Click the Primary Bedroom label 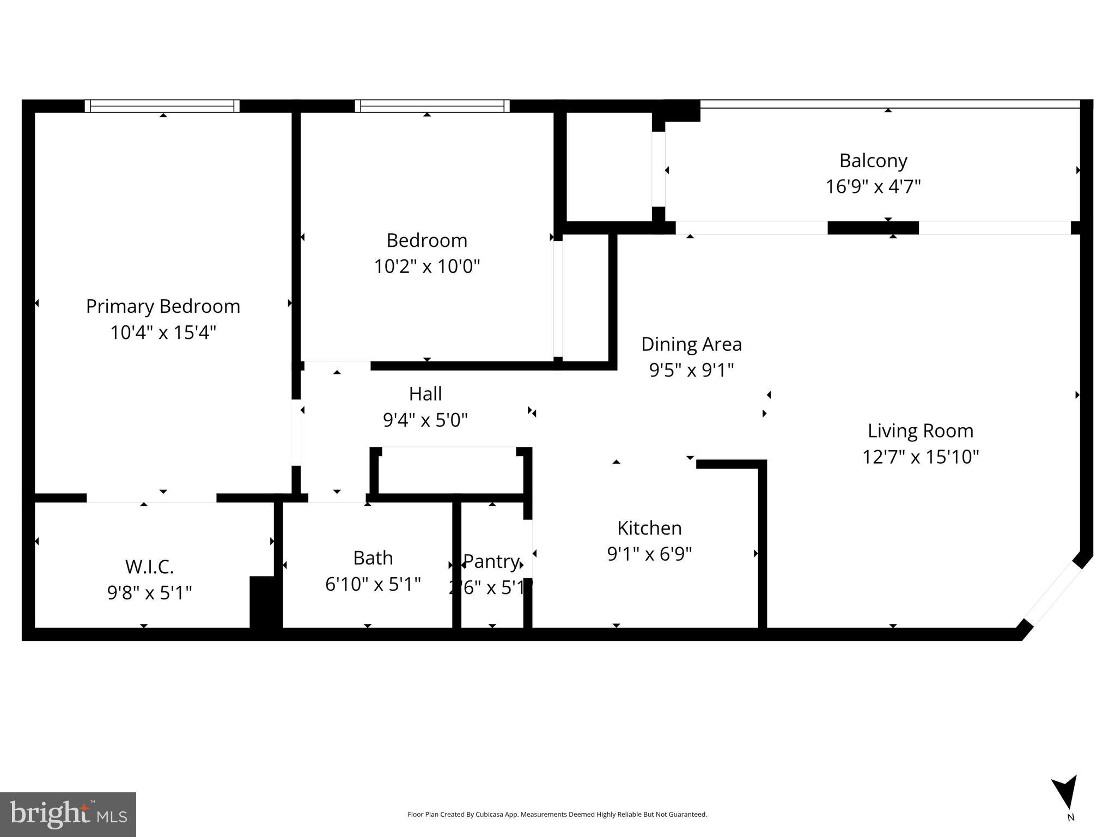click(x=163, y=306)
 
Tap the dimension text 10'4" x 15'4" click(x=163, y=332)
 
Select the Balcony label click(x=873, y=161)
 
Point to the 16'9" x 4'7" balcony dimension click(x=873, y=187)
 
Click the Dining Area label click(x=691, y=344)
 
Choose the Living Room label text click(x=920, y=431)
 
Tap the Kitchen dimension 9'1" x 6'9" click(x=649, y=554)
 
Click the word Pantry click(x=491, y=561)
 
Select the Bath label click(x=373, y=558)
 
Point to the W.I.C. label click(x=149, y=567)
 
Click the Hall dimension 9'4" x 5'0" click(x=425, y=420)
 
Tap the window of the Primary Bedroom click(x=162, y=106)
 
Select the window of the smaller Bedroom click(x=432, y=106)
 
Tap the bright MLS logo click(x=68, y=814)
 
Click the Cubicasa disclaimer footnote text click(x=557, y=814)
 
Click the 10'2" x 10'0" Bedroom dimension click(x=426, y=266)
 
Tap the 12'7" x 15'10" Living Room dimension click(x=920, y=457)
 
